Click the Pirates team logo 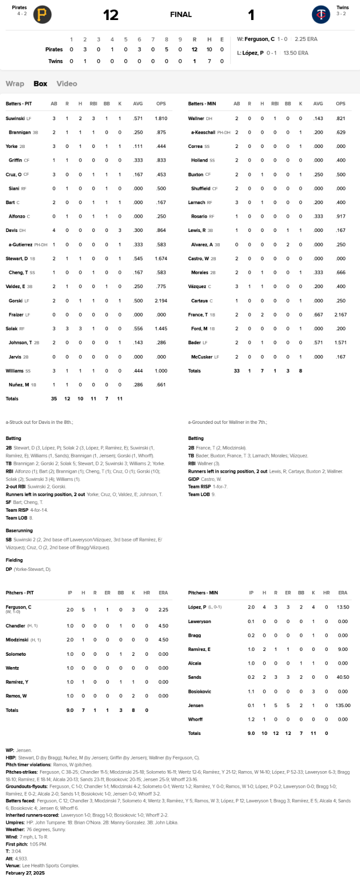point(42,15)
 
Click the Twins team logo point(321,15)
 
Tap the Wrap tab point(15,84)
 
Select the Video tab point(67,84)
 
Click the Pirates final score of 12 point(111,15)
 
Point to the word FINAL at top point(181,15)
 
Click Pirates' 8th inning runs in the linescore point(167,49)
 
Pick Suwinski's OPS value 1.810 point(161,118)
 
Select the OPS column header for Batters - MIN point(340,104)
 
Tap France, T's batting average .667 point(318,314)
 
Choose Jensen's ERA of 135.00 point(343,705)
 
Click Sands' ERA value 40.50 point(343,677)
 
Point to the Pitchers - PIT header point(20,593)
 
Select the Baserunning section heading point(19,530)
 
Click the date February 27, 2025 point(25,873)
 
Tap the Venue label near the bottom point(13,865)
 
